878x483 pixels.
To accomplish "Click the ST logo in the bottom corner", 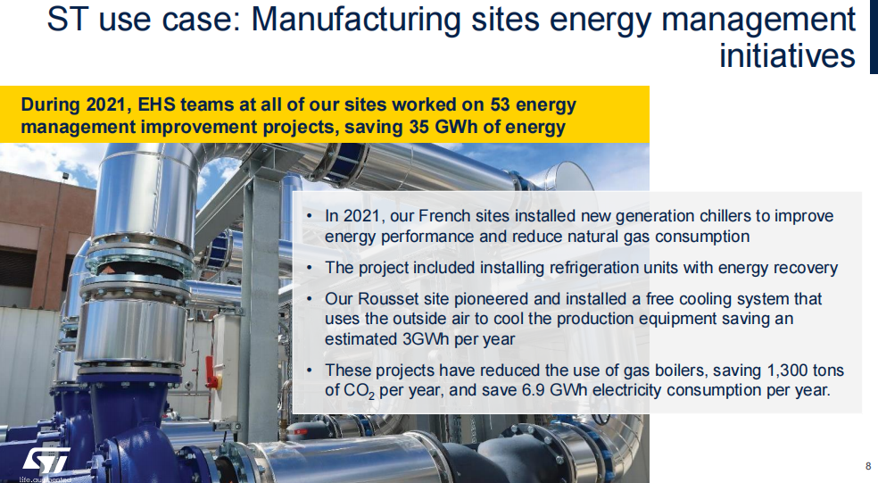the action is click(46, 460).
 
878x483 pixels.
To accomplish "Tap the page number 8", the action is click(868, 466).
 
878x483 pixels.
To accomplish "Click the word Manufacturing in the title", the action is click(356, 20).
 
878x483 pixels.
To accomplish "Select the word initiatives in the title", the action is click(787, 55).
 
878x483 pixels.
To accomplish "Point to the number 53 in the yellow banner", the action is click(500, 104).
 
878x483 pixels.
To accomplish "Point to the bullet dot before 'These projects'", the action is click(310, 371).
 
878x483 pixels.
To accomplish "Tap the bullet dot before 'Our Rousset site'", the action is click(310, 299).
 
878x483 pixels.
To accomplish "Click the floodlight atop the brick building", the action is click(65, 177).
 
